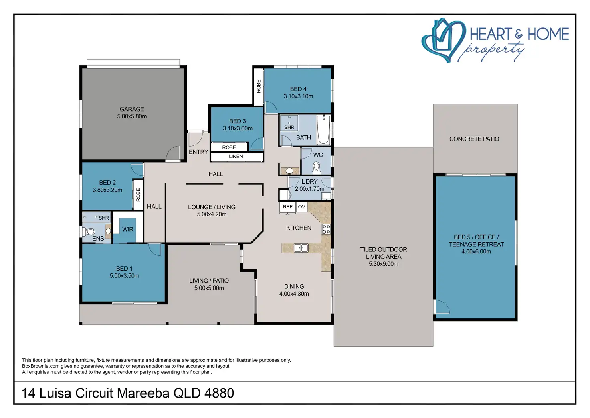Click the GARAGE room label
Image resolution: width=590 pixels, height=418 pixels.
132,109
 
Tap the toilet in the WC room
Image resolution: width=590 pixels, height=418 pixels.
316,168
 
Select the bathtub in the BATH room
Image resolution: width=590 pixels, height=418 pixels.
323,130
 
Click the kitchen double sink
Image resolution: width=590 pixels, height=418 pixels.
301,248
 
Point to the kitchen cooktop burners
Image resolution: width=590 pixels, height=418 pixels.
326,229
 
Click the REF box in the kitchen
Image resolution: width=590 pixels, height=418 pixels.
288,207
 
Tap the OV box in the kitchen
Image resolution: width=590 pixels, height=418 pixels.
301,207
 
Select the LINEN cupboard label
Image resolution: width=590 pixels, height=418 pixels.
236,157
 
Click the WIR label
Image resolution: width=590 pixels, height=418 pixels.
128,229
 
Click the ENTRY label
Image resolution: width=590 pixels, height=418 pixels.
198,152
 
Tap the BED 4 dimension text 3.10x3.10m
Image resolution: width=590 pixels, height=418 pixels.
298,96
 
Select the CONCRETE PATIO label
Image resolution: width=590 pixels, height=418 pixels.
474,139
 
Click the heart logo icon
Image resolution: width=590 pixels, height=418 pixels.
443,40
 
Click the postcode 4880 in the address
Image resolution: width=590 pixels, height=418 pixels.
219,393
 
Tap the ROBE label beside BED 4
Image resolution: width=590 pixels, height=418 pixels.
259,86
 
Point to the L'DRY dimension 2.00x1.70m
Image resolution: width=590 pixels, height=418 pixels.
309,189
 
